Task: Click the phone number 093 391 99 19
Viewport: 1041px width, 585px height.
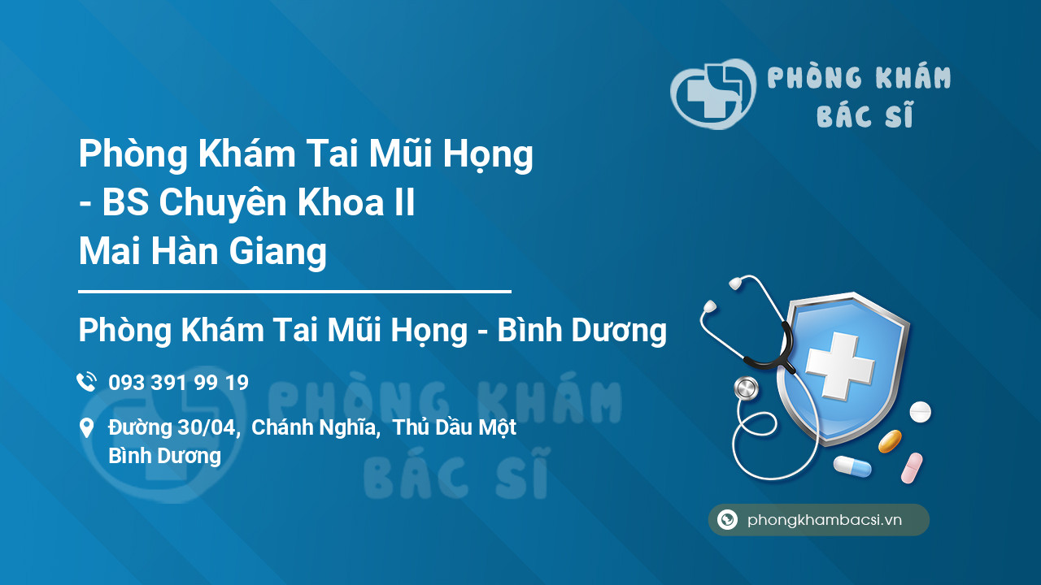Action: tap(178, 383)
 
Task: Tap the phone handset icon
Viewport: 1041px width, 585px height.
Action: tap(86, 382)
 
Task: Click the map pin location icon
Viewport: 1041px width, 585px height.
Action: tap(86, 428)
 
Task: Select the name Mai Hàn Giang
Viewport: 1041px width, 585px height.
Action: tap(203, 252)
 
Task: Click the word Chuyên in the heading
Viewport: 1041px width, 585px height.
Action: tap(223, 203)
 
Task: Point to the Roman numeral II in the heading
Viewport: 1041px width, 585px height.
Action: tap(403, 202)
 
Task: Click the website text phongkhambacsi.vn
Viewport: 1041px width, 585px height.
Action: tap(825, 520)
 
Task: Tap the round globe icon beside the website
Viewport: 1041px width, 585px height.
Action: tap(727, 519)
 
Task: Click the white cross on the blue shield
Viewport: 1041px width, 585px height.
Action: tap(840, 365)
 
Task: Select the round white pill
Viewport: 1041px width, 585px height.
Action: tap(920, 412)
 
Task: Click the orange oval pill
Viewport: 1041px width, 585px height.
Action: tap(890, 441)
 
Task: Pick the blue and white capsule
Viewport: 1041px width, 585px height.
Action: tap(852, 466)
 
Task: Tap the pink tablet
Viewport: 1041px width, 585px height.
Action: tap(912, 468)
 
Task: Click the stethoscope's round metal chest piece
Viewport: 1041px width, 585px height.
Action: tap(747, 388)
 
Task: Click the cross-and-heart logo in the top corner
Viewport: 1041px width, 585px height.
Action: tap(713, 93)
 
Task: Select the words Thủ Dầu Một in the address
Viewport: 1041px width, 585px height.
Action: tap(454, 427)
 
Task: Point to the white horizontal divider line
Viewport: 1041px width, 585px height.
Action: tap(294, 292)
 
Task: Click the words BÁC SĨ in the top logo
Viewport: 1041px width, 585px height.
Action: tap(865, 115)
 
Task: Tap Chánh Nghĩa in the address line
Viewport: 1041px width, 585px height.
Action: tap(314, 427)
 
